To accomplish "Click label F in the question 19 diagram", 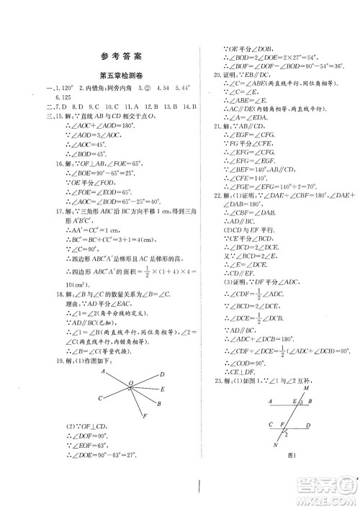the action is click(x=145, y=417).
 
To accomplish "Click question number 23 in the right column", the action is click(x=215, y=379).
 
